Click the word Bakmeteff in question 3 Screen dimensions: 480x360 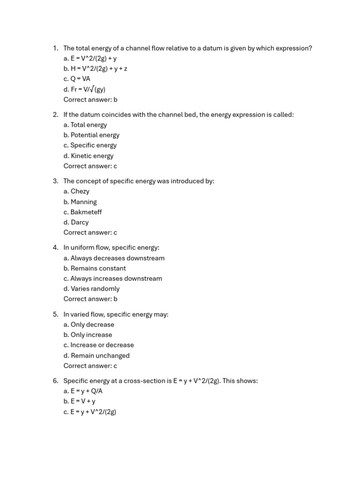(x=86, y=212)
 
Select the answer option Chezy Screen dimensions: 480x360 (x=80, y=191)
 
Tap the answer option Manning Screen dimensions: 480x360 (x=83, y=202)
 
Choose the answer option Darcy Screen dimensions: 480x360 (x=79, y=222)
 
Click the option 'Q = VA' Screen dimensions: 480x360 (x=80, y=79)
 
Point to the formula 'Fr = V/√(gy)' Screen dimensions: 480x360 (x=88, y=89)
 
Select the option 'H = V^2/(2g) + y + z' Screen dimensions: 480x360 (x=99, y=68)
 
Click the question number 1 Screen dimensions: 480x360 (x=55, y=48)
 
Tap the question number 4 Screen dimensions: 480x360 (x=55, y=247)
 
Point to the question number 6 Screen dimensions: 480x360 (x=55, y=381)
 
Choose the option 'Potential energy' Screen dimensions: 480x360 (x=95, y=135)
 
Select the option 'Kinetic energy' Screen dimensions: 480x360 (x=92, y=156)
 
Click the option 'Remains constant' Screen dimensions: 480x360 (x=98, y=268)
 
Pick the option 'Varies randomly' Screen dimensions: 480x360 (x=95, y=289)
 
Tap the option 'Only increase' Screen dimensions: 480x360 (x=91, y=335)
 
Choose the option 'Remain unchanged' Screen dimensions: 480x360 (x=100, y=355)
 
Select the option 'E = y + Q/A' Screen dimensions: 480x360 (x=86, y=391)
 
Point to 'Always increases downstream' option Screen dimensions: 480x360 (x=116, y=278)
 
